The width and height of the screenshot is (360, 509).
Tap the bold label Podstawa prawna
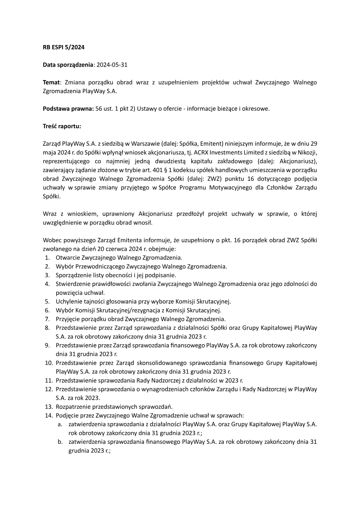[x=68, y=109]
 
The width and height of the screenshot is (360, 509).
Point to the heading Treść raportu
[x=62, y=126]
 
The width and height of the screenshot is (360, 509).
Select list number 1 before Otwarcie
[x=47, y=258]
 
